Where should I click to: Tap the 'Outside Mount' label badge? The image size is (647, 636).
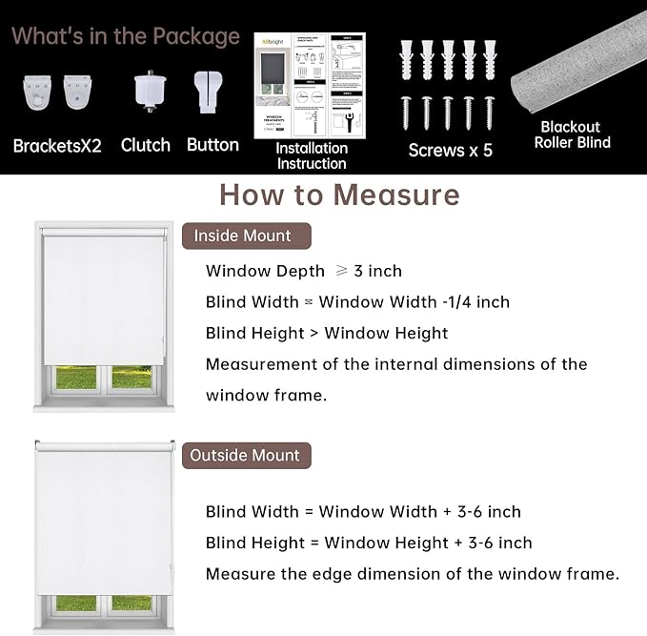(245, 455)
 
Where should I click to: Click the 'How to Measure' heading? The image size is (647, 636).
(339, 195)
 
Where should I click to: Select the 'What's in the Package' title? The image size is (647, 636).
(126, 36)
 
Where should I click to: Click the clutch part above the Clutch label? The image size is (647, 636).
(146, 93)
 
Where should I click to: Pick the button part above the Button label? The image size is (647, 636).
(212, 93)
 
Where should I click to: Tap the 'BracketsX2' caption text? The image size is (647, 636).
(57, 146)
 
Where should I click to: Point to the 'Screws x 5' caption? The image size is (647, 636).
(451, 150)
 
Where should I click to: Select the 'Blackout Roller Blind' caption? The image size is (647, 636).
(573, 134)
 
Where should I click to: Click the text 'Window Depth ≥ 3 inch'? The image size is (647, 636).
(304, 272)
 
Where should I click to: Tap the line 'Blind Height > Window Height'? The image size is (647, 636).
(327, 333)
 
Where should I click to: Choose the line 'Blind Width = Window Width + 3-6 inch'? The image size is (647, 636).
(363, 512)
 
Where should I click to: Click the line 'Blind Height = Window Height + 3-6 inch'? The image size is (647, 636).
(369, 543)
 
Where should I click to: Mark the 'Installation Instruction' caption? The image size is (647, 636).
(312, 155)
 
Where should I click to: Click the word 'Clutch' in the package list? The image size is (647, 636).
(146, 145)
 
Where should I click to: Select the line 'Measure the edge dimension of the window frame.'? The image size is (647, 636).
(413, 574)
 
